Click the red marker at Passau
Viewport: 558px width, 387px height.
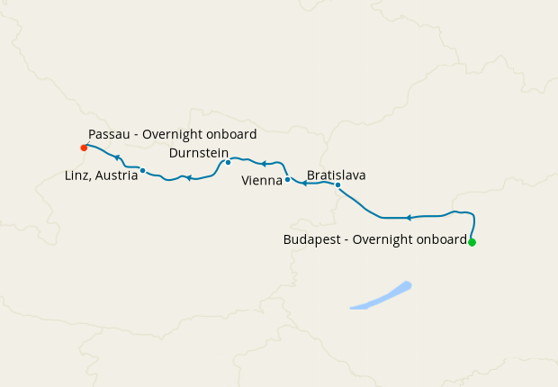pyautogui.click(x=84, y=147)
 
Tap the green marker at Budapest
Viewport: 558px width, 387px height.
pyautogui.click(x=472, y=242)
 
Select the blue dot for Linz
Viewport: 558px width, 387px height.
pyautogui.click(x=143, y=170)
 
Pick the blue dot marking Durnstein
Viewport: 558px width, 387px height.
pyautogui.click(x=228, y=162)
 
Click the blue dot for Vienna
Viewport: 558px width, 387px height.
pyautogui.click(x=287, y=179)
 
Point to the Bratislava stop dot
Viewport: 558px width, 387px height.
pyautogui.click(x=337, y=184)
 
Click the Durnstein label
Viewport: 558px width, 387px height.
pyautogui.click(x=198, y=152)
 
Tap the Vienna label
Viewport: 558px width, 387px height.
pyautogui.click(x=262, y=181)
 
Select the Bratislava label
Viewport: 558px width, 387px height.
pyautogui.click(x=336, y=175)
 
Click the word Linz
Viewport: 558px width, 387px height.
pyautogui.click(x=77, y=175)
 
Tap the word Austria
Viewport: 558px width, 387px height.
pyautogui.click(x=119, y=175)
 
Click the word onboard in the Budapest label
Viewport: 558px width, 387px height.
pyautogui.click(x=439, y=240)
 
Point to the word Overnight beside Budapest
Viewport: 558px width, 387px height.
pyautogui.click(x=376, y=240)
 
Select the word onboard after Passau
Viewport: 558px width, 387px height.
pyautogui.click(x=231, y=134)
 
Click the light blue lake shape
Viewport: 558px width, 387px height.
pyautogui.click(x=381, y=296)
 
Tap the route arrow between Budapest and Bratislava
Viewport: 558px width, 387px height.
pyautogui.click(x=409, y=218)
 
